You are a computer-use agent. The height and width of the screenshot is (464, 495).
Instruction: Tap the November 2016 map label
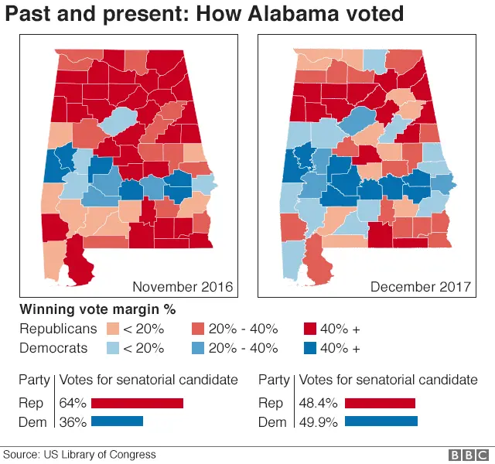pyautogui.click(x=183, y=287)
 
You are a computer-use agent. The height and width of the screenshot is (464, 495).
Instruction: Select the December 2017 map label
pyautogui.click(x=420, y=287)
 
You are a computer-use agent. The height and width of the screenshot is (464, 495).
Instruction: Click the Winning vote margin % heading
pyautogui.click(x=97, y=309)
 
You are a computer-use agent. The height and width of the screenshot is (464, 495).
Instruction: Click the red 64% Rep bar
pyautogui.click(x=137, y=403)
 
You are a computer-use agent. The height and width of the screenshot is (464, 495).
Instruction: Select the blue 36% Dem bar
pyautogui.click(x=118, y=421)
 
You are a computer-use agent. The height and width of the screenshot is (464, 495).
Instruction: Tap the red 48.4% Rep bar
pyautogui.click(x=380, y=403)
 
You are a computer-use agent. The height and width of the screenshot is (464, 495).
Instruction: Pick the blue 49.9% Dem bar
pyautogui.click(x=381, y=421)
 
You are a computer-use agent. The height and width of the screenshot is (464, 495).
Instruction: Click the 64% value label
pyautogui.click(x=73, y=403)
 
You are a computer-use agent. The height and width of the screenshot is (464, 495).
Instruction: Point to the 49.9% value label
pyautogui.click(x=319, y=421)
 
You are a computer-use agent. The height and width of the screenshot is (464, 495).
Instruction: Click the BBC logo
pyautogui.click(x=466, y=455)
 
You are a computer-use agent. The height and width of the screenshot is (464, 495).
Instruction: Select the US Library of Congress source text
pyautogui.click(x=99, y=455)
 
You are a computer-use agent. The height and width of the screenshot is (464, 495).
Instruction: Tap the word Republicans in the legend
pyautogui.click(x=58, y=329)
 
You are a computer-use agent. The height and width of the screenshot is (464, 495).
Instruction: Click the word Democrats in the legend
pyautogui.click(x=53, y=348)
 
